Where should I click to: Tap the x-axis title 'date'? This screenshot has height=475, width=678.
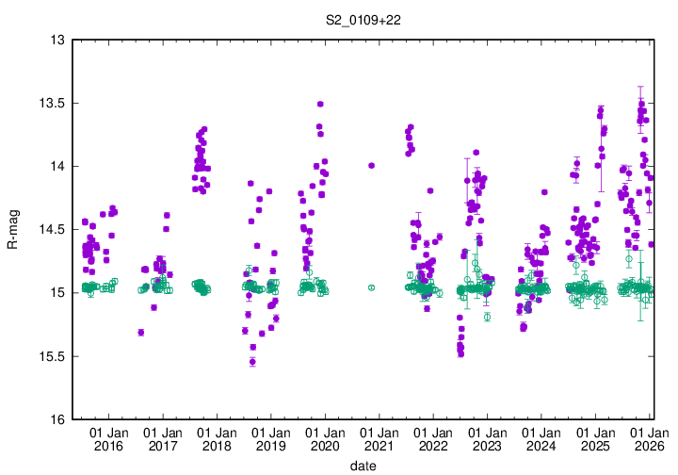pos(364,465)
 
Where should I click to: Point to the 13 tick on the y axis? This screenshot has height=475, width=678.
pos(57,40)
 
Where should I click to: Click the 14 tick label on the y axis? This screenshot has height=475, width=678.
pos(57,166)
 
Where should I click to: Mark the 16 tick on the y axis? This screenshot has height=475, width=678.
pos(57,419)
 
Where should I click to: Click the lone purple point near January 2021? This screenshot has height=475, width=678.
pos(372,165)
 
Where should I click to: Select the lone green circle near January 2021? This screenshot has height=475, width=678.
pos(371,287)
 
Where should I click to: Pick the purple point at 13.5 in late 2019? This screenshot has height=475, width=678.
pos(320,104)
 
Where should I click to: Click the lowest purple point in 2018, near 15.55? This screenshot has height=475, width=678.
pos(252,362)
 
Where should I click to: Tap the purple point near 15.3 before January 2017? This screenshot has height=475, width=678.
pos(140,332)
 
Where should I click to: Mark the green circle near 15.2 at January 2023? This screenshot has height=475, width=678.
pos(487,317)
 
